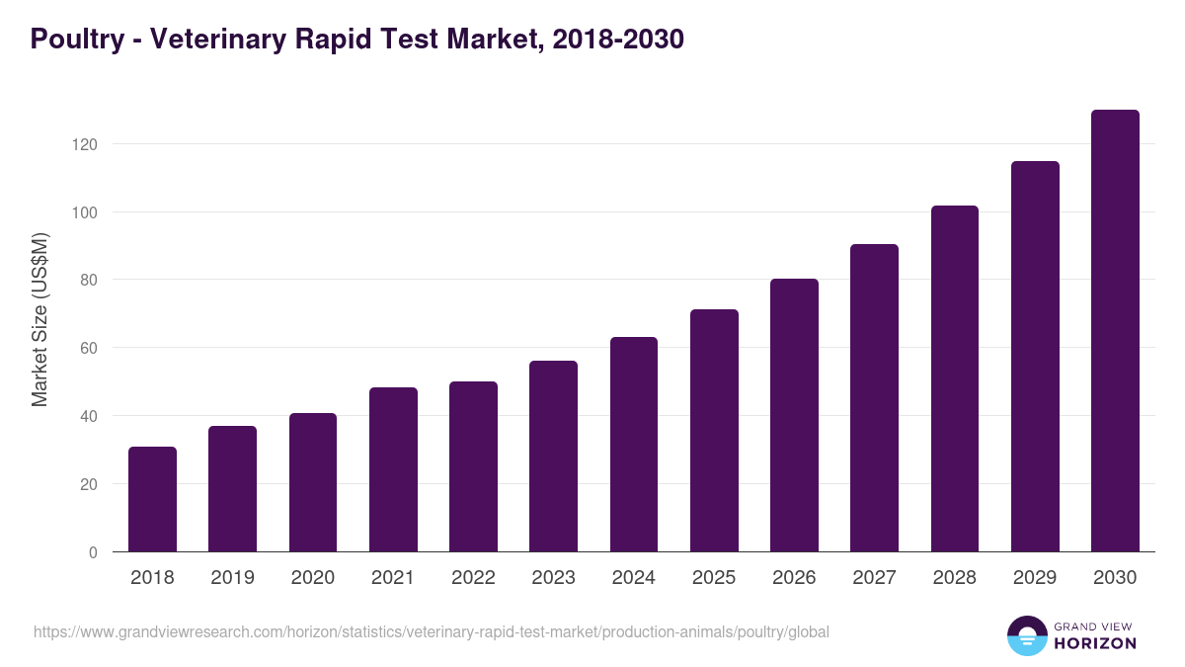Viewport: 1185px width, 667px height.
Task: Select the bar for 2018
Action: [x=152, y=499]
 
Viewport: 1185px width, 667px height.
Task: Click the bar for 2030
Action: [x=1115, y=331]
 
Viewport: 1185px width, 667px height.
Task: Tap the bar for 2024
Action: [x=634, y=445]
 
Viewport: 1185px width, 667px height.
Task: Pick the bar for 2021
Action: [x=393, y=469]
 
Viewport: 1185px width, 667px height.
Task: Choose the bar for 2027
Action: [x=874, y=398]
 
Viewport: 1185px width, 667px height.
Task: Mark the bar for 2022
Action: [x=473, y=466]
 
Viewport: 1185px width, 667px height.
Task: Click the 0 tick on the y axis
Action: [x=93, y=552]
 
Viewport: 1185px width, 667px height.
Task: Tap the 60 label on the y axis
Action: [x=89, y=348]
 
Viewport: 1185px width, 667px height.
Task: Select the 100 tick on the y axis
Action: [x=86, y=212]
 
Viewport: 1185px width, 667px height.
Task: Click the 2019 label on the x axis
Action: [x=232, y=578]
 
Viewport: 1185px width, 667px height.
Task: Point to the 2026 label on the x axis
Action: [x=794, y=578]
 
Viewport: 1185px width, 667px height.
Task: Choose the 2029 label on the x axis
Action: [x=1035, y=578]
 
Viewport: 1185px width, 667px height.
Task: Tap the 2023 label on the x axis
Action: [x=553, y=578]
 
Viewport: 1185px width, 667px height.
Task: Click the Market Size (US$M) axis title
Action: [x=39, y=319]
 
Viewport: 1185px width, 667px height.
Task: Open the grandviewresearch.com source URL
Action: [x=432, y=631]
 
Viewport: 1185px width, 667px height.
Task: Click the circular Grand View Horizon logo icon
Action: [x=1026, y=635]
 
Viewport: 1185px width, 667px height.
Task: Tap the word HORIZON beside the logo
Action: [x=1094, y=643]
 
